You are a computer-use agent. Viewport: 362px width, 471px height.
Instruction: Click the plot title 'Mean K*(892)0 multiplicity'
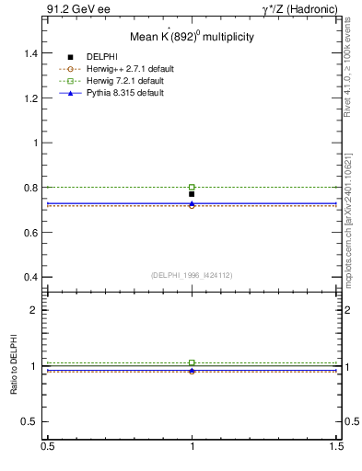193,37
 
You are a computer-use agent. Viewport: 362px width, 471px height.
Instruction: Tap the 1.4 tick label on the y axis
29,53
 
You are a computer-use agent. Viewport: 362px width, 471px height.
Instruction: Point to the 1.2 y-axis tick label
29,98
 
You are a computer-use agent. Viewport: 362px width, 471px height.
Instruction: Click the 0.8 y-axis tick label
29,188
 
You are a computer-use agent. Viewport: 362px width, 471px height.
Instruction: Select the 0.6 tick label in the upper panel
29,233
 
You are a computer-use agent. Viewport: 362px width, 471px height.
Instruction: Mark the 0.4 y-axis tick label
29,277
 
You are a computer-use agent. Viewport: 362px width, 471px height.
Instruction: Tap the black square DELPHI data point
192,194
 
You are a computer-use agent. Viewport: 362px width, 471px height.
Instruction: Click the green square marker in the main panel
192,187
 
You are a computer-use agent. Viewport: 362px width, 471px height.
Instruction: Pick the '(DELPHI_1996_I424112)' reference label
193,274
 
